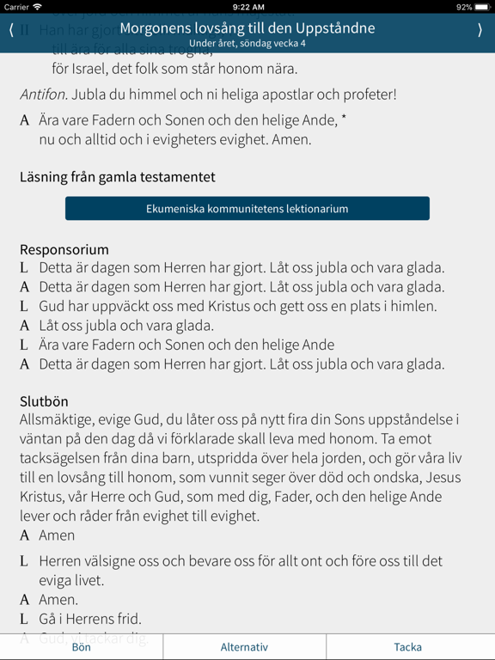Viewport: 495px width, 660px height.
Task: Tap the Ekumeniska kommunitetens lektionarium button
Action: pyautogui.click(x=247, y=209)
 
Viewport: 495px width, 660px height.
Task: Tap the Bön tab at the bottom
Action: pyautogui.click(x=82, y=647)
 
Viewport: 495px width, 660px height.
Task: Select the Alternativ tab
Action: pyautogui.click(x=245, y=647)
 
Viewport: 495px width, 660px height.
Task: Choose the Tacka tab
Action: pyautogui.click(x=408, y=647)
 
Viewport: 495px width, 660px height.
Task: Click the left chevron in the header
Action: pyautogui.click(x=11, y=30)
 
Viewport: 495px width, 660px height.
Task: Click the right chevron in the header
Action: pyautogui.click(x=480, y=30)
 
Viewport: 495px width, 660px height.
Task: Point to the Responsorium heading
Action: pyautogui.click(x=64, y=250)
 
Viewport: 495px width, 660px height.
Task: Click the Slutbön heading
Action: pyautogui.click(x=44, y=401)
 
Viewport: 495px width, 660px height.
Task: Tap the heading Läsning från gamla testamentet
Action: pyautogui.click(x=118, y=177)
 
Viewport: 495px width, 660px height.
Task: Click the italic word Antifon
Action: pyautogui.click(x=43, y=95)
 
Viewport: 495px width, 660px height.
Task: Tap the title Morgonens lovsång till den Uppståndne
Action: pyautogui.click(x=247, y=28)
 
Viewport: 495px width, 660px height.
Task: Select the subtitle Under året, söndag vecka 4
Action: pyautogui.click(x=247, y=43)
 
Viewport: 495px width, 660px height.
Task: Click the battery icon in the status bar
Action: pyautogui.click(x=483, y=7)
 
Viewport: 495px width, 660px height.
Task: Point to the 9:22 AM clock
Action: pyautogui.click(x=247, y=7)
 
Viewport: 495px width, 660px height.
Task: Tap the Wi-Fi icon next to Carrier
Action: pyautogui.click(x=38, y=7)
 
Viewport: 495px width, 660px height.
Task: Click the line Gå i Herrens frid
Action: pyautogui.click(x=90, y=619)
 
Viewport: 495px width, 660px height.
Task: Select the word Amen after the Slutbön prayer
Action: pyautogui.click(x=57, y=535)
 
